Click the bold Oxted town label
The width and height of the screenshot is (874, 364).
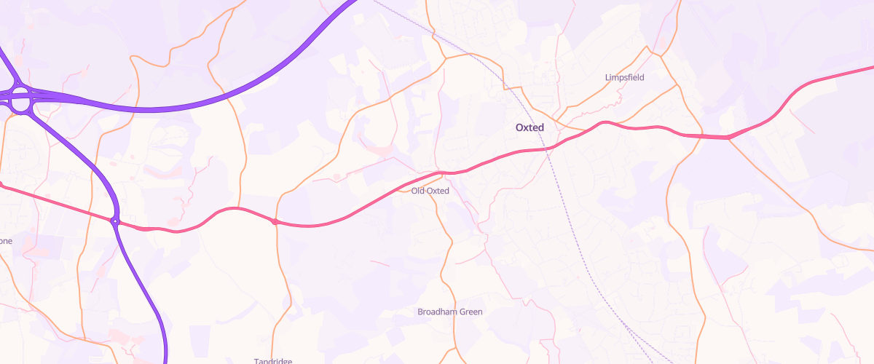point(535,127)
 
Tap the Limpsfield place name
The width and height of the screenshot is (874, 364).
point(624,77)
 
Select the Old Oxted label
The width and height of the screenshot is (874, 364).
point(430,191)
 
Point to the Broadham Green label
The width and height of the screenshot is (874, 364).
point(449,312)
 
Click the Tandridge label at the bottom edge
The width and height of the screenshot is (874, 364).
point(272,361)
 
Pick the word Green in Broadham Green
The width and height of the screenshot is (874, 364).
point(470,312)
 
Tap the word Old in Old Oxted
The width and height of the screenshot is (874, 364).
point(418,191)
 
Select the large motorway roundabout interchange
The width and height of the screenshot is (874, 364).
point(20,99)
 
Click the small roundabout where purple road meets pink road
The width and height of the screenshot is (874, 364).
point(114,221)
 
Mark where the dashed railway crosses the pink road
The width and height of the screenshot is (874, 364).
point(548,149)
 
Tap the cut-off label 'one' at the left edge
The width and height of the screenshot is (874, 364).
point(5,241)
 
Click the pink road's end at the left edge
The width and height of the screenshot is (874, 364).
point(2,185)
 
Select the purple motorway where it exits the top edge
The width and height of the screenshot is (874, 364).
point(353,2)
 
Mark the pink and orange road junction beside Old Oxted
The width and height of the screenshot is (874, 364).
point(441,173)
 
